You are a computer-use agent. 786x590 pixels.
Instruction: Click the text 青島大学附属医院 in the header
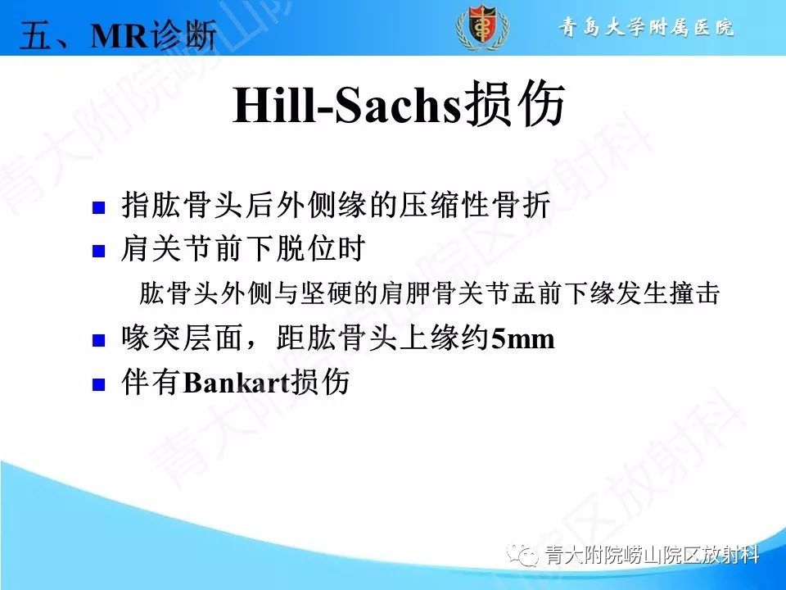coord(646,28)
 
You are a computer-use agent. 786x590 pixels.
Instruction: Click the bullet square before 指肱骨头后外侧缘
coord(99,207)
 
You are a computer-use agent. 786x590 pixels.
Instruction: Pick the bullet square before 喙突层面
coord(99,339)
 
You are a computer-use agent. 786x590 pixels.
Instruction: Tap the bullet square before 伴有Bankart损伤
coord(99,383)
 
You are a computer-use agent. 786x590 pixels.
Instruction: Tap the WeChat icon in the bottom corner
coord(522,555)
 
